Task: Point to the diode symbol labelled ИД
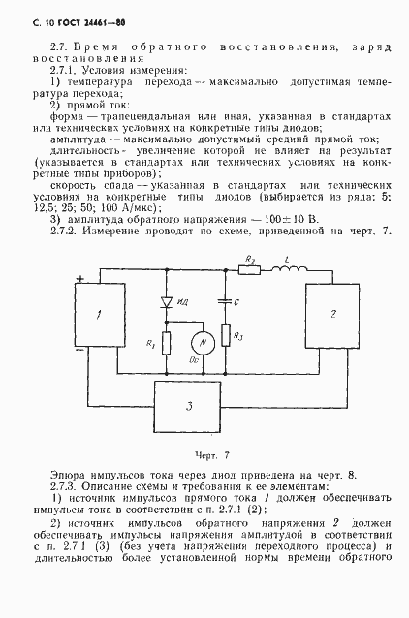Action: click(167, 302)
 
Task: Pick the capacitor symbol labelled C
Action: click(224, 301)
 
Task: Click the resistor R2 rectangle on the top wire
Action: click(250, 270)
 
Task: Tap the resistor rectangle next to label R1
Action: click(167, 342)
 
